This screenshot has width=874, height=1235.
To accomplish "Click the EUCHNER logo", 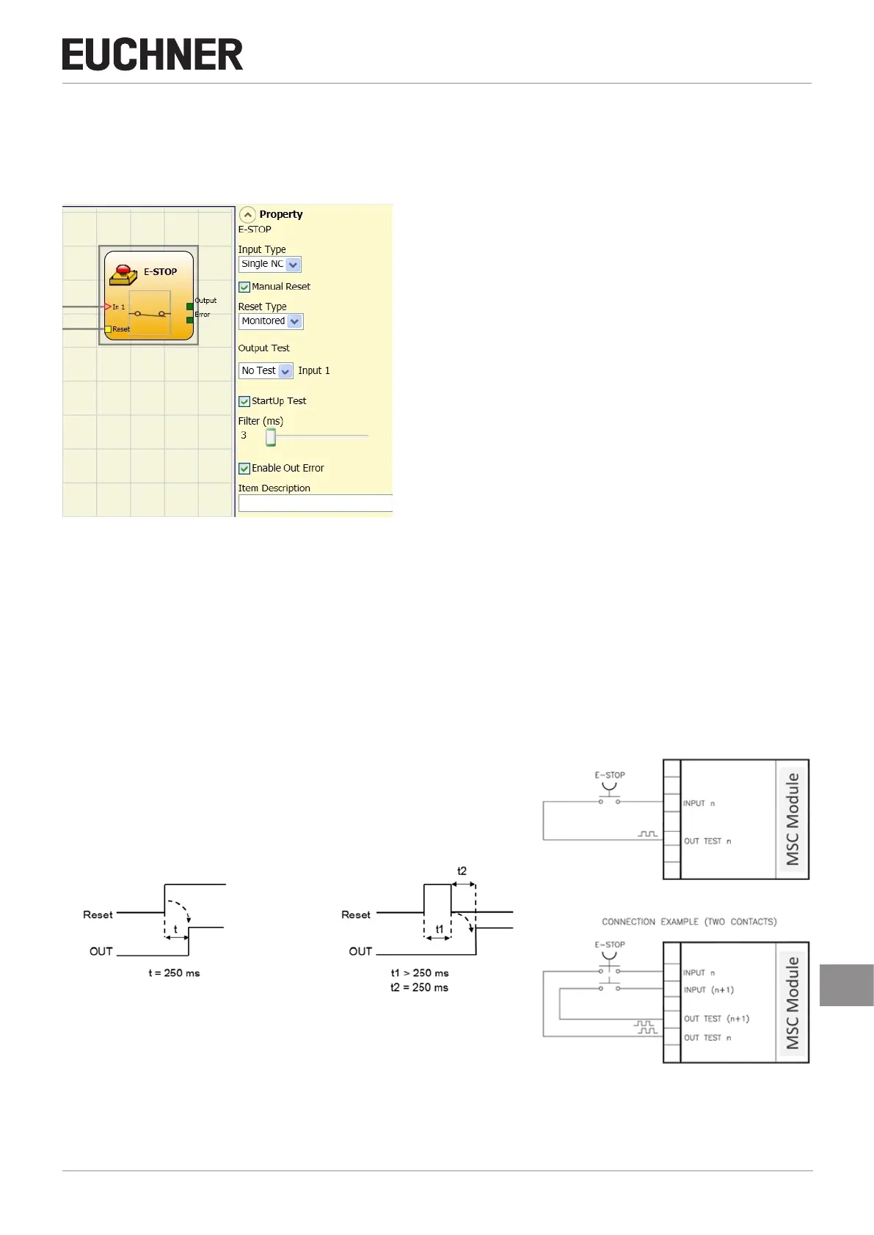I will pyautogui.click(x=153, y=55).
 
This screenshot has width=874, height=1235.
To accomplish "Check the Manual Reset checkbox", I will pyautogui.click(x=244, y=287).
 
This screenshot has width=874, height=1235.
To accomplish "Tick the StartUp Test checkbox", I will pyautogui.click(x=244, y=401).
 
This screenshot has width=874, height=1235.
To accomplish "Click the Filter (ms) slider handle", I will pyautogui.click(x=271, y=437).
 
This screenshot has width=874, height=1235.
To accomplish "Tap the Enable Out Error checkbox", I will pyautogui.click(x=244, y=469).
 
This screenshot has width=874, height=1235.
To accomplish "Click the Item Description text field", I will pyautogui.click(x=316, y=503).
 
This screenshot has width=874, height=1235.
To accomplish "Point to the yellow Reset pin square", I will pyautogui.click(x=108, y=329).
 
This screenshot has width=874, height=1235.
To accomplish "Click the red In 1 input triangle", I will pyautogui.click(x=108, y=307).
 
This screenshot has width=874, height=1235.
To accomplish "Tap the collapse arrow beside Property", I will pyautogui.click(x=247, y=215).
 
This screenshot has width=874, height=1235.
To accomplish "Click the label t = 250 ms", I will pyautogui.click(x=174, y=973).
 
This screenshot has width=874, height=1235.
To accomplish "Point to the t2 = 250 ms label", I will pyautogui.click(x=419, y=988).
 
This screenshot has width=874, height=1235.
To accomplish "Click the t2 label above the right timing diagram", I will pyautogui.click(x=462, y=871).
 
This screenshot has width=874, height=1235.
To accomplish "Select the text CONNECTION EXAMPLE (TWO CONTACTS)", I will pyautogui.click(x=689, y=922).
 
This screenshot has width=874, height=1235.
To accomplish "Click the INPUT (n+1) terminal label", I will pyautogui.click(x=708, y=990).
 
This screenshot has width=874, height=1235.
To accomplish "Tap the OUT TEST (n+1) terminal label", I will pyautogui.click(x=716, y=1019).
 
